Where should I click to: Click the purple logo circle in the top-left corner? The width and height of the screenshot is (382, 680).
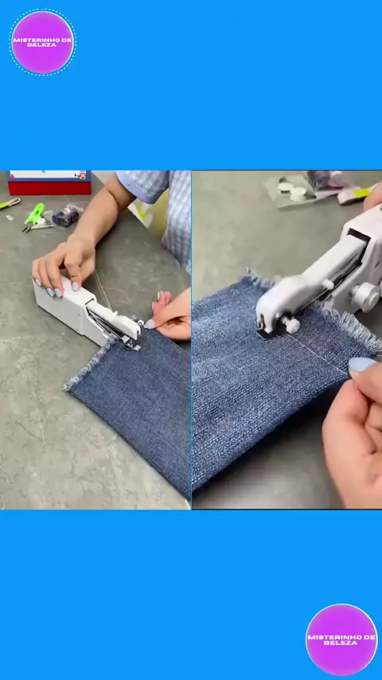point(42,42)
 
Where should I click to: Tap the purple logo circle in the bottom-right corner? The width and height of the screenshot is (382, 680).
point(341,639)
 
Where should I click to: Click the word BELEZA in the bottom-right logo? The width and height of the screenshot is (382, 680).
point(341,643)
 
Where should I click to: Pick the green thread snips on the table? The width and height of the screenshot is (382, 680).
point(33,216)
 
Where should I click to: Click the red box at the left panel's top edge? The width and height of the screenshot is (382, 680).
point(49,182)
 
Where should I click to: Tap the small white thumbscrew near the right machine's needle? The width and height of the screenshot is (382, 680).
point(292,325)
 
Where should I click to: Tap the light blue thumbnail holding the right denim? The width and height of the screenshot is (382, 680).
point(361,365)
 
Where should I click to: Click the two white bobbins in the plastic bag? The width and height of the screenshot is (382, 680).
point(292,191)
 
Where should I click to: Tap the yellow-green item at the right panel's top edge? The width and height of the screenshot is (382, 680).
point(361,192)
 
